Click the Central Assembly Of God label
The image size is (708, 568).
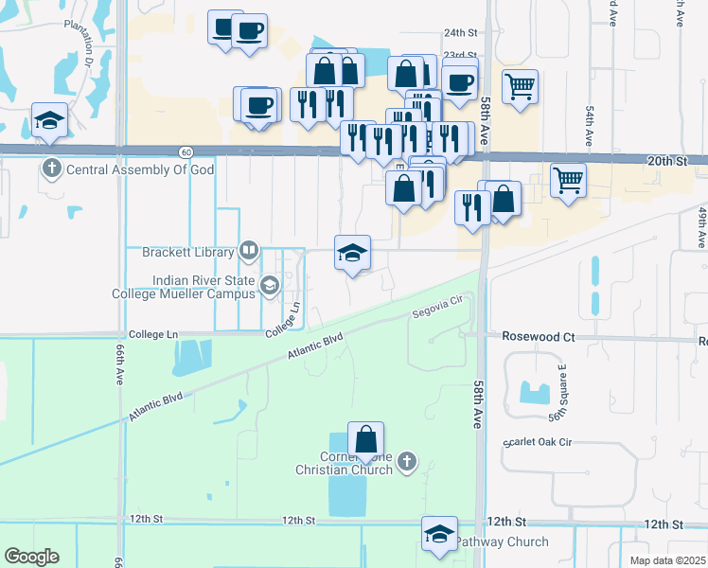pyautogui.click(x=139, y=170)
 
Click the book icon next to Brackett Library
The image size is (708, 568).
pyautogui.click(x=249, y=251)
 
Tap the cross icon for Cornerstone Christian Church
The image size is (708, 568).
pyautogui.click(x=407, y=461)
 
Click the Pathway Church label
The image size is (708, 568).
pyautogui.click(x=502, y=542)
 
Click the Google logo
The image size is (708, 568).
pyautogui.click(x=31, y=557)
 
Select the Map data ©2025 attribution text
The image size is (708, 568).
pyautogui.click(x=667, y=560)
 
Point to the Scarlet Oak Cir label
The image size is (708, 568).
pyautogui.click(x=540, y=441)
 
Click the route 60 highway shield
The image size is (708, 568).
pyautogui.click(x=186, y=151)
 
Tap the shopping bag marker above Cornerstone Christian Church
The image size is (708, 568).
pyautogui.click(x=365, y=439)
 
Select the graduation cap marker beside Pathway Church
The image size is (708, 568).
pyautogui.click(x=439, y=534)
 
